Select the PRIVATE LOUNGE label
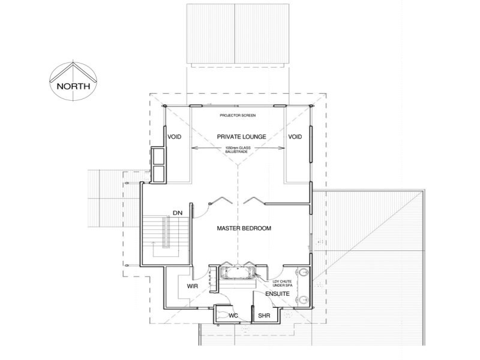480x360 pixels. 238,137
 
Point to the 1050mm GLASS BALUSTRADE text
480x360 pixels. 237,150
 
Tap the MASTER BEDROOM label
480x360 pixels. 244,229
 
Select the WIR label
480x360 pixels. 192,287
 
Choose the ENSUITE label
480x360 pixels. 277,295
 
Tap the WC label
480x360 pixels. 234,315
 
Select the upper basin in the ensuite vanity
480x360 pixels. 304,275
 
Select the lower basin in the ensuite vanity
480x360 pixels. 304,298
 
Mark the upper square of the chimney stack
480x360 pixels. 160,157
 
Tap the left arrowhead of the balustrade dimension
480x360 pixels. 193,148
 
